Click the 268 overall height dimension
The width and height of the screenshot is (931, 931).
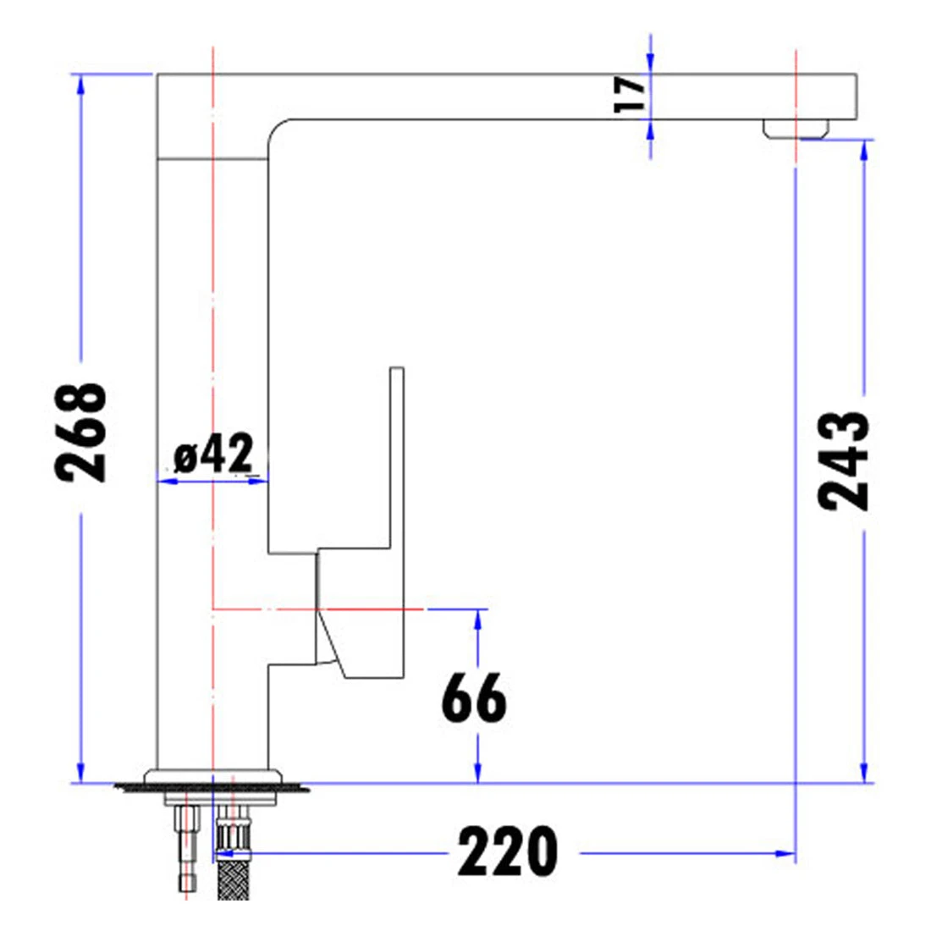point(80,432)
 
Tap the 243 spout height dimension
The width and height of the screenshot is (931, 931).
point(843,460)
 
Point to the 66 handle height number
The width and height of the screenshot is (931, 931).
point(474,697)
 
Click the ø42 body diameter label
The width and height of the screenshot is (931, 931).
point(213,453)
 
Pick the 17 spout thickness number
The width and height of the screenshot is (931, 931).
point(630,95)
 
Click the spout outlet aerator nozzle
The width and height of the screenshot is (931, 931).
point(796,129)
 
